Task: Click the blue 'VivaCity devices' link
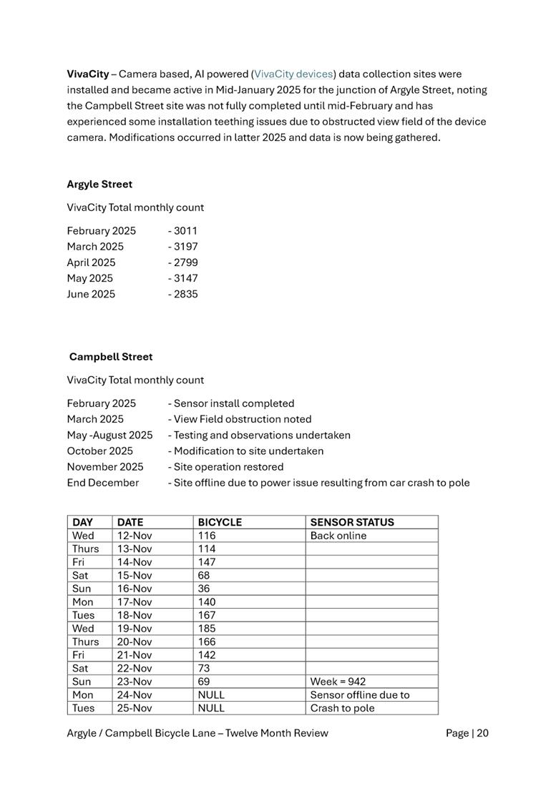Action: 293,74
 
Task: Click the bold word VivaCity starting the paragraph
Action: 87,74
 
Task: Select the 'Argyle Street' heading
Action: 99,185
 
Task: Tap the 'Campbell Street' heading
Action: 111,357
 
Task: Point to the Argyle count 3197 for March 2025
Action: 185,247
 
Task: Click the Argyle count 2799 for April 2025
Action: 185,262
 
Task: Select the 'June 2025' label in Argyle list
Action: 91,294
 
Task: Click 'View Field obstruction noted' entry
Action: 242,419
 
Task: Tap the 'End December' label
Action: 102,483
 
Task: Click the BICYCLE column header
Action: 220,523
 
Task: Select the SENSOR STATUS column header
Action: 352,523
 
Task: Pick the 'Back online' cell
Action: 338,536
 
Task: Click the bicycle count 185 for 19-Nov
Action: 207,629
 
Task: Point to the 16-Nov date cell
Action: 135,589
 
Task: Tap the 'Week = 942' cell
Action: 338,682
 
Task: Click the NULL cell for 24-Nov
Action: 211,695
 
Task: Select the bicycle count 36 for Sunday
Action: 204,589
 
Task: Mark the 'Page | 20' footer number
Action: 467,733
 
